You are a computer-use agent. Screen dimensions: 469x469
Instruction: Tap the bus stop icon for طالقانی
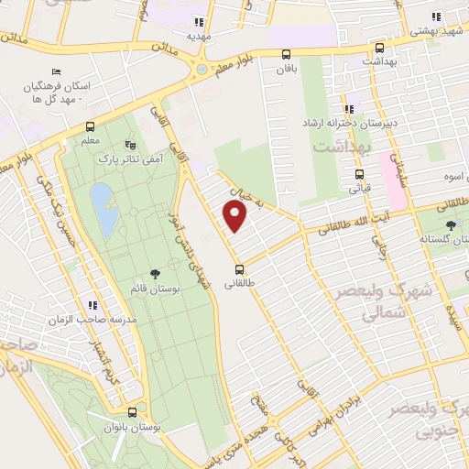[239, 269]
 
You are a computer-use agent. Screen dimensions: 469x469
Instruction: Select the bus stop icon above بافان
[288, 54]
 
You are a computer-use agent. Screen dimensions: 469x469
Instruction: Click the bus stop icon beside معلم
[90, 126]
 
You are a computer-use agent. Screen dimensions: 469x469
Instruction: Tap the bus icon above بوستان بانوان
[134, 413]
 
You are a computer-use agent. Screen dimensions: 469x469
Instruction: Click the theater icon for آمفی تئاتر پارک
[129, 145]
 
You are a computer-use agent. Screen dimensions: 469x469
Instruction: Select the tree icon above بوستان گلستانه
[450, 225]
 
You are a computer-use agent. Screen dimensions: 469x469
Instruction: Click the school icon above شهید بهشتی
[436, 16]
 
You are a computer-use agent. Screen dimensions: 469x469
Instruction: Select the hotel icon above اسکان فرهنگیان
[57, 72]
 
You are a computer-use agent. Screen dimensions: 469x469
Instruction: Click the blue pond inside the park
[102, 209]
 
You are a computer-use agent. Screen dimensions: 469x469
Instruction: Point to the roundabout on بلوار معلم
[201, 70]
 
